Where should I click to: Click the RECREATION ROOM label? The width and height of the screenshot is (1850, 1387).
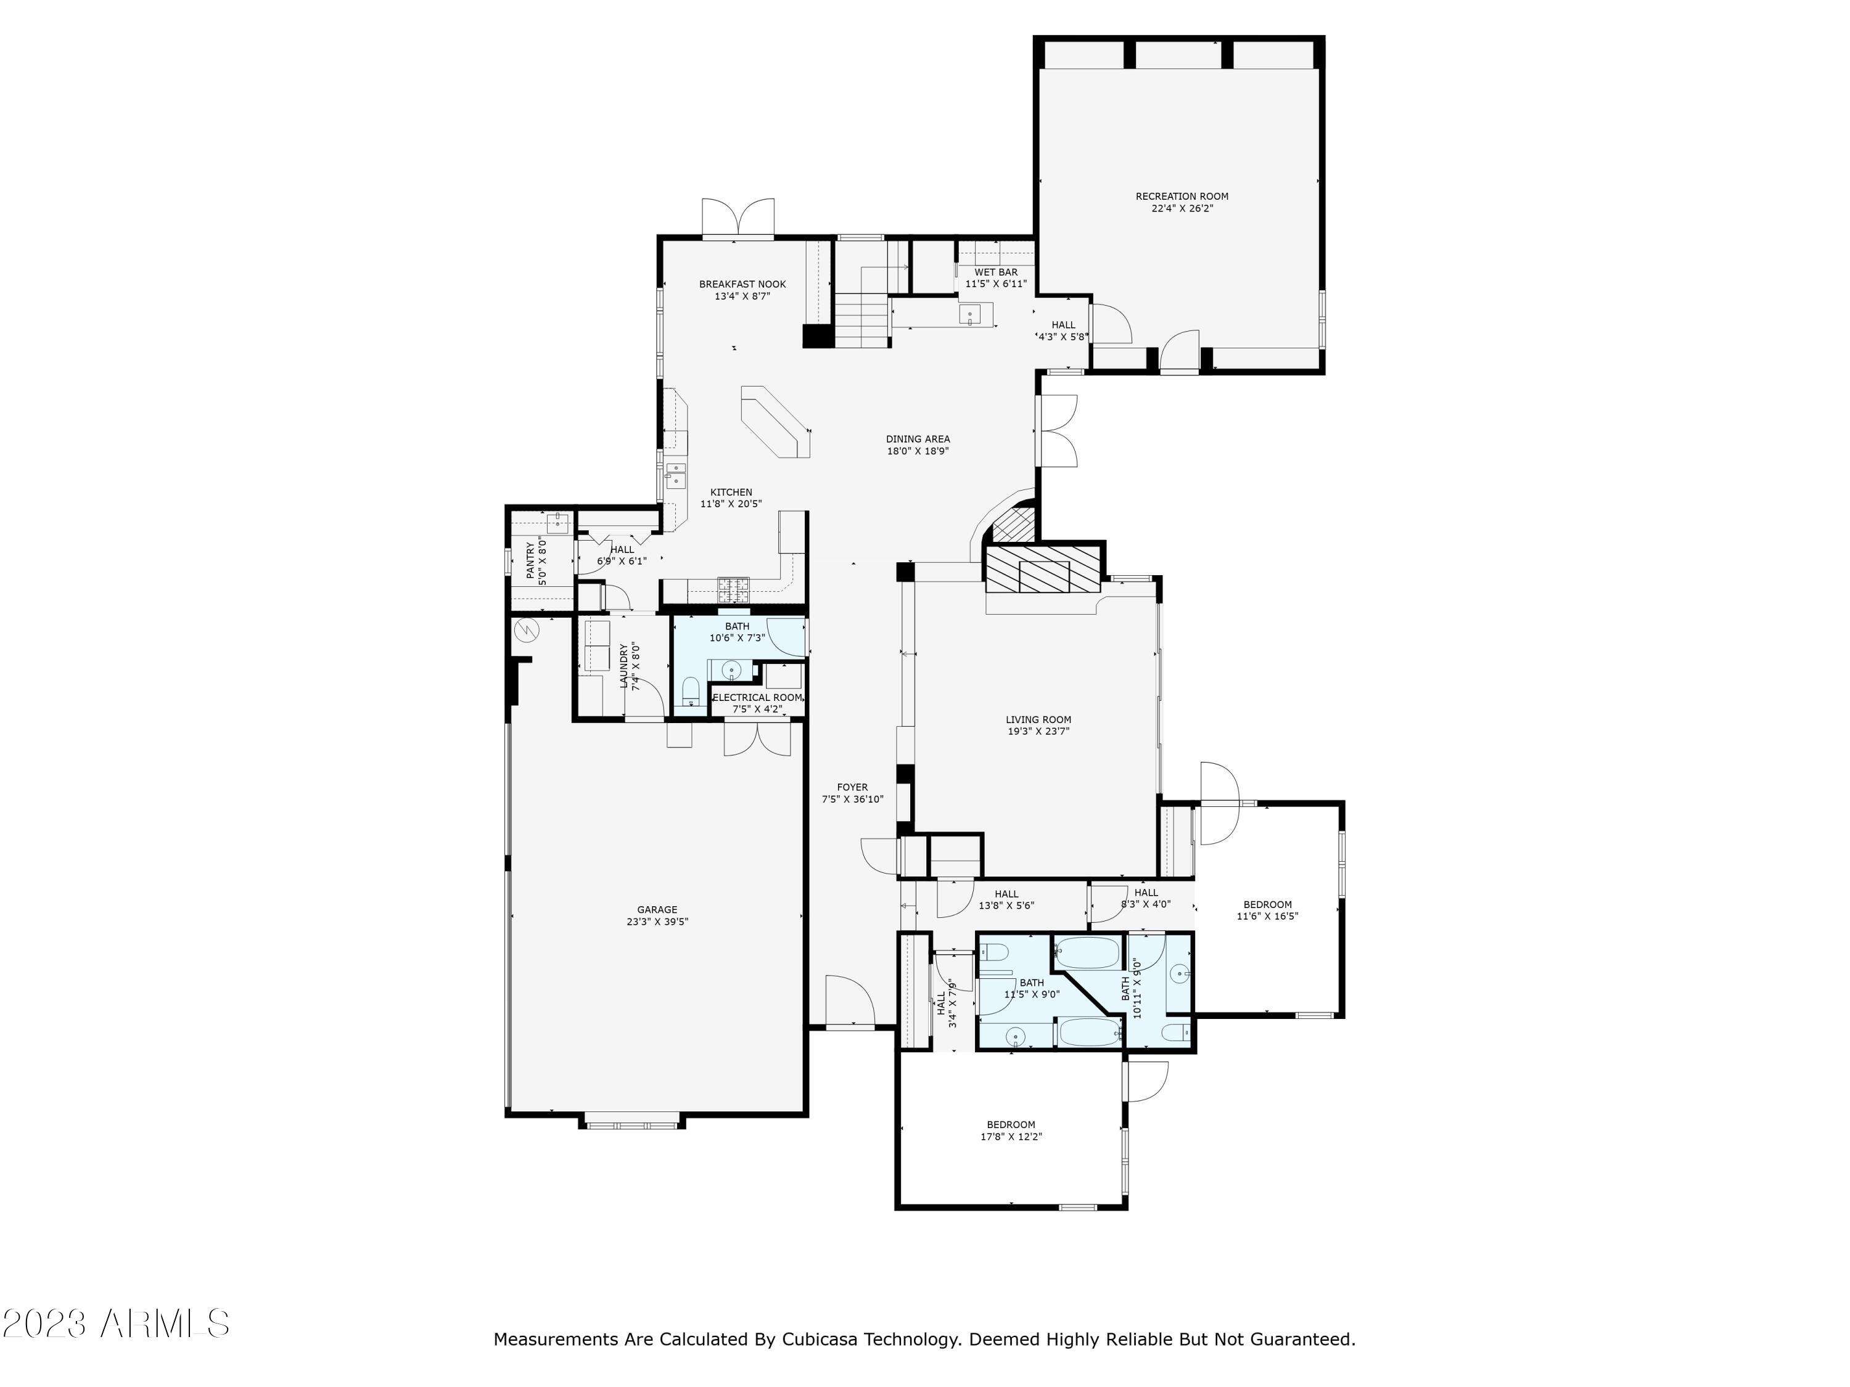coord(1182,197)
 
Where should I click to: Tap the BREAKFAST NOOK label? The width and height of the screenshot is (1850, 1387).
coord(742,284)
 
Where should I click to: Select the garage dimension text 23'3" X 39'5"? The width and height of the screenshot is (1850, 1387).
coord(657,922)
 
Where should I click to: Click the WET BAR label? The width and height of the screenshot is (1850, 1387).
coord(996,272)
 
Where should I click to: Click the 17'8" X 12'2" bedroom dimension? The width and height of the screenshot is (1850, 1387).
coord(1011,1136)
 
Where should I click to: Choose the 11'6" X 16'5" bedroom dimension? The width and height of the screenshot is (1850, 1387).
coord(1268,915)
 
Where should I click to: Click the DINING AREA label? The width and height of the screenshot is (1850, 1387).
coord(918,439)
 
